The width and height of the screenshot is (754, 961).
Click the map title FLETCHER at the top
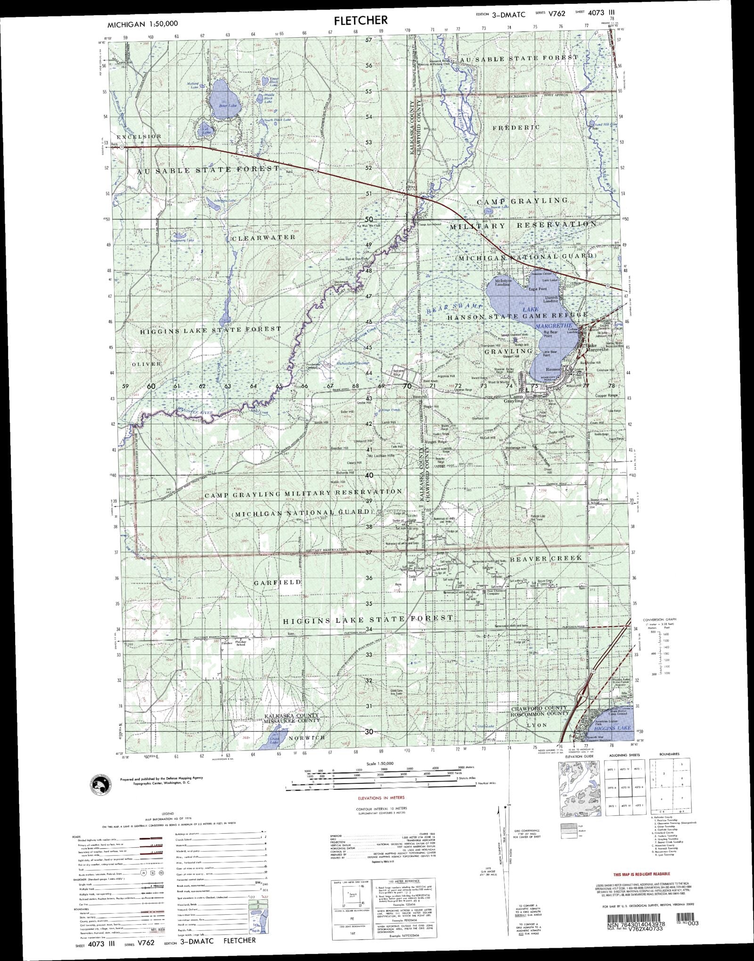[x=361, y=20]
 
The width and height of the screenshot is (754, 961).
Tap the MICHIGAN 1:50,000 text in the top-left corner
[x=136, y=24]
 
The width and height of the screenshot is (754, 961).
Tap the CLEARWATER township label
[x=263, y=237]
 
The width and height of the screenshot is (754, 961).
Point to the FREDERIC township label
[x=516, y=127]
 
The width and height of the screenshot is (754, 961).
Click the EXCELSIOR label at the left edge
[x=139, y=136]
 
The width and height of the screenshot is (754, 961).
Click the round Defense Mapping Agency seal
[x=101, y=786]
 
